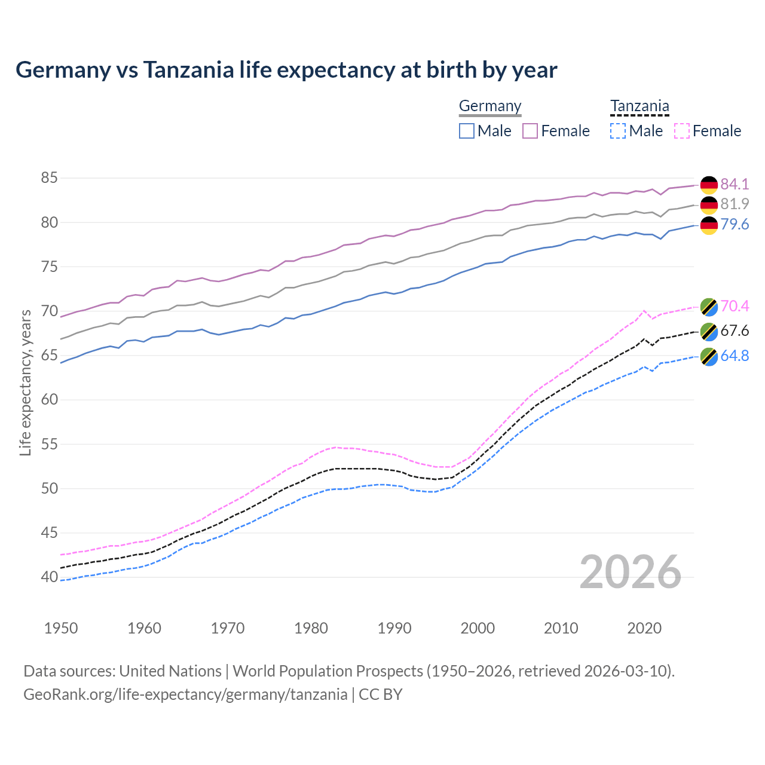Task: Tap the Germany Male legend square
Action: [x=467, y=131]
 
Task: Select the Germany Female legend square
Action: [x=530, y=131]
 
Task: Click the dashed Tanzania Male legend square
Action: [x=618, y=131]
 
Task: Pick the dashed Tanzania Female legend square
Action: [x=682, y=131]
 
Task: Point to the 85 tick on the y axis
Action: [x=49, y=178]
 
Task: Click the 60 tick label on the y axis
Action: [x=49, y=400]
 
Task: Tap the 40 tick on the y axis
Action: [x=49, y=577]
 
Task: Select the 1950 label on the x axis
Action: [x=61, y=628]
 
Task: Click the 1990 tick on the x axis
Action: [x=394, y=628]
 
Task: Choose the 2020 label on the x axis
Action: [x=644, y=628]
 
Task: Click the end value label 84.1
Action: [x=735, y=184]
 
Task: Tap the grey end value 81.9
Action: [x=735, y=204]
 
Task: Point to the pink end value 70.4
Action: [x=735, y=307]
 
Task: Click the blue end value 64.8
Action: [x=735, y=356]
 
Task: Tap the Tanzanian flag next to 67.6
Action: [x=709, y=332]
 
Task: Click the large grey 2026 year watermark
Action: [x=630, y=572]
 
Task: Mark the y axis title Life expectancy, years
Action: [x=25, y=382]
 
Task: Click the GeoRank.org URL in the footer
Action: [x=185, y=694]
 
